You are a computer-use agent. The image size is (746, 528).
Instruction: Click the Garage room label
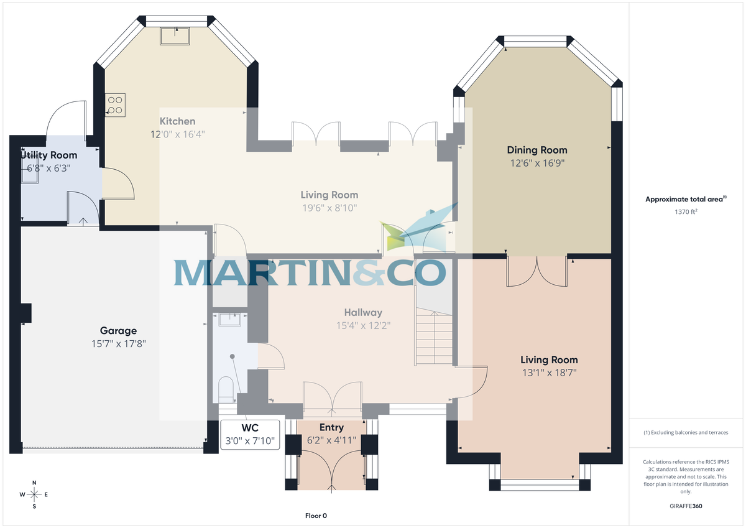tap(118, 331)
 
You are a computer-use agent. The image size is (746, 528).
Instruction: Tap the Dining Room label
tap(537, 150)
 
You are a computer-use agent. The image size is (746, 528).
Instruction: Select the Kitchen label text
tap(177, 121)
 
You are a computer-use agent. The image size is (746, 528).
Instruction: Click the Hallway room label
tap(363, 312)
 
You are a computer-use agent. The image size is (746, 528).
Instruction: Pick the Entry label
tap(331, 427)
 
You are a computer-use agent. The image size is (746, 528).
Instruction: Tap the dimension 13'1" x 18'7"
tap(549, 373)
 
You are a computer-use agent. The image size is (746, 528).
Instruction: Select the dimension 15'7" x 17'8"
tap(118, 343)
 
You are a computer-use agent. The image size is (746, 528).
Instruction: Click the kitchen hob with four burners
tap(116, 103)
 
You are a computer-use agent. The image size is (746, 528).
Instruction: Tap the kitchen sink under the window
tap(177, 36)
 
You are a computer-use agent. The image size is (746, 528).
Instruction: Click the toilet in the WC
tap(226, 388)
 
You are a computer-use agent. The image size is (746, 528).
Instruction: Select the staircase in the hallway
tap(434, 339)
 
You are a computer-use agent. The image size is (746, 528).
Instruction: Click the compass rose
tap(34, 494)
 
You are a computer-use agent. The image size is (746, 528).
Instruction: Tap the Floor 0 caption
tap(316, 516)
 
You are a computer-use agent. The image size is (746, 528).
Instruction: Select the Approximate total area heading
tap(684, 199)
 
